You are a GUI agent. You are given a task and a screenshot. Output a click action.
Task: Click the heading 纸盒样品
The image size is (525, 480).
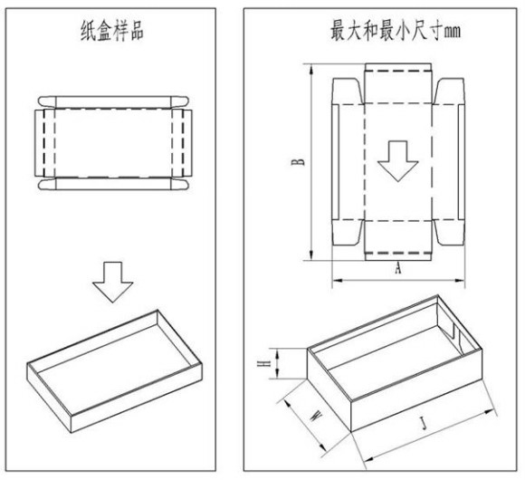tap(112, 31)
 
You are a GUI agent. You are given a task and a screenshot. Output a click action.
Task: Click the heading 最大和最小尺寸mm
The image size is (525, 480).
tap(396, 31)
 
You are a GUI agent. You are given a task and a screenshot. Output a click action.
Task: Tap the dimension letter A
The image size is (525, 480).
tap(397, 268)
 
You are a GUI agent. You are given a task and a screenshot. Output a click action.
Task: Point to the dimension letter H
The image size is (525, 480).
tap(263, 363)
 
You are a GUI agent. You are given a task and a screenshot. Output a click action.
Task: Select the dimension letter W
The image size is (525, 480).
tap(316, 417)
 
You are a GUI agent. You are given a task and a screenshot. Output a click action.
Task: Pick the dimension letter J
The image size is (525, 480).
tap(424, 423)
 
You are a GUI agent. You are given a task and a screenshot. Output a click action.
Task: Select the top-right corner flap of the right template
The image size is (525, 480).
tap(449, 91)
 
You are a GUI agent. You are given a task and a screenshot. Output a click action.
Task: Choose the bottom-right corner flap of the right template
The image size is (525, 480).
tap(449, 233)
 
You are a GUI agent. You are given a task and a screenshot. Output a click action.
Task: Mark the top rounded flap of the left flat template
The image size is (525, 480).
tap(113, 102)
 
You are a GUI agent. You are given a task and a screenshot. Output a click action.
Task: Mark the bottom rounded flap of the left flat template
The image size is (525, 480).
tap(113, 184)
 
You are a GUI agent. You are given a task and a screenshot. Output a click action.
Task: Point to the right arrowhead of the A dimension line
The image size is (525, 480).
tap(460, 280)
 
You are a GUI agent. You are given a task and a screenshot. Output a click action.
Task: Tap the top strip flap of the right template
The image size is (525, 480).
tap(397, 67)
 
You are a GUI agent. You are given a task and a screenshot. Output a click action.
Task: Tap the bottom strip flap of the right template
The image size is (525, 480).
tap(397, 256)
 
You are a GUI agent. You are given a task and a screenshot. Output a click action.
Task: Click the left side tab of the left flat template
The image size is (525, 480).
tap(39, 143)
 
